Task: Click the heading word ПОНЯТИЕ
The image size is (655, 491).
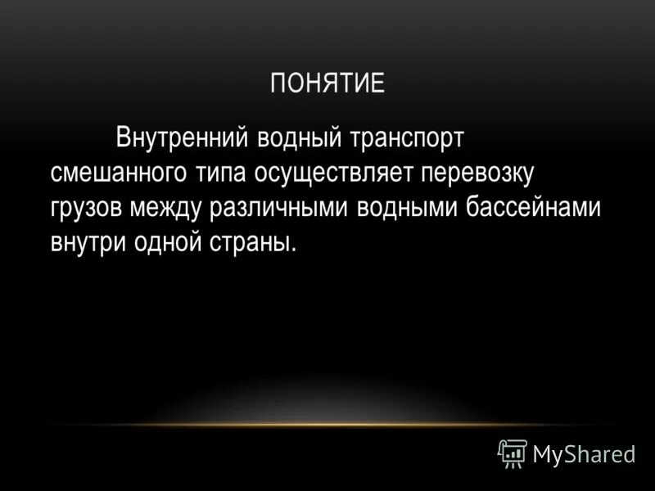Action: point(327,84)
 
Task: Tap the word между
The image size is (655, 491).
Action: point(169,208)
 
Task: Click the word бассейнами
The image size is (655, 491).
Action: point(534,208)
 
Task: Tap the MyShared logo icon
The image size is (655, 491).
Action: point(513,453)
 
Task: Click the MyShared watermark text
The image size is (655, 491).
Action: point(584,454)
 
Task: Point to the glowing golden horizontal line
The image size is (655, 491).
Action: point(327,425)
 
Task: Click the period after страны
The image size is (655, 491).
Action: point(293,250)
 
